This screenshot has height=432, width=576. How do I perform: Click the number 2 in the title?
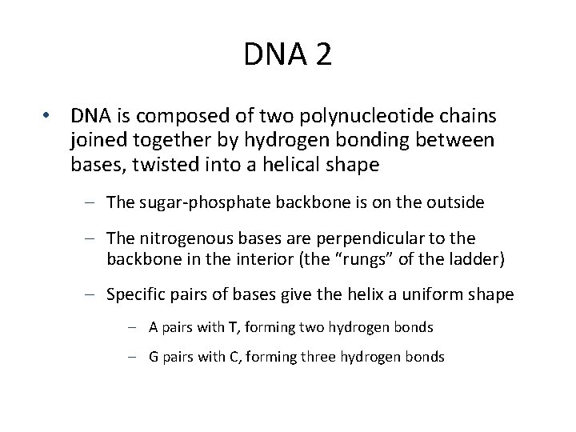322,56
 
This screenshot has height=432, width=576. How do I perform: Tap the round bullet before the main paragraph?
50,117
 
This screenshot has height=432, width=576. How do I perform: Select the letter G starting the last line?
154,358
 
